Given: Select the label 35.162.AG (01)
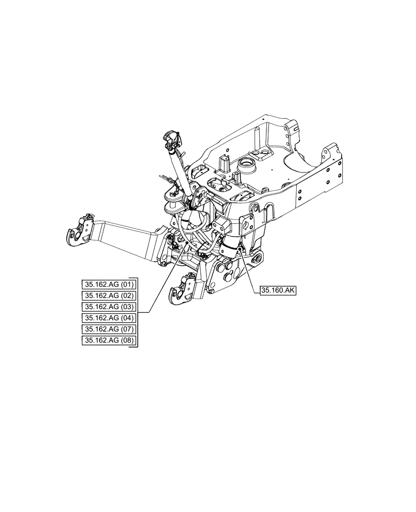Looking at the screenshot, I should point(109,284).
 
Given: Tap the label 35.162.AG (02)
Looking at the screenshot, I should point(109,295).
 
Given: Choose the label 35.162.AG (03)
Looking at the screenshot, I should point(109,307).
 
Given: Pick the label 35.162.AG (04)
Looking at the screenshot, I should point(109,318).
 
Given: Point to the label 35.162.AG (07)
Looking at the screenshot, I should point(109,329).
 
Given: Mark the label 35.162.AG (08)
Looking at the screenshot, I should point(109,340).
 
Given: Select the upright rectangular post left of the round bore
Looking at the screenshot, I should point(223,163).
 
